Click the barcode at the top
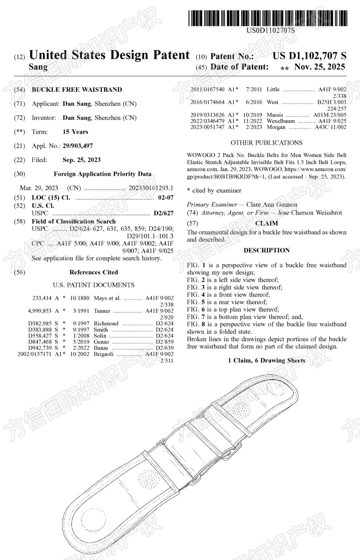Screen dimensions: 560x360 (x=268, y=18)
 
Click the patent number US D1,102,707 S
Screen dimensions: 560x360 (x=309, y=56)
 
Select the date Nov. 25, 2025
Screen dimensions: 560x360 (x=319, y=67)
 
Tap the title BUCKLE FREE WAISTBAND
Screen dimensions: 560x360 (x=77, y=89)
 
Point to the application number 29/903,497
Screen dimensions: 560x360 (x=78, y=146)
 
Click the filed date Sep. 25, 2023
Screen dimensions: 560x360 (x=81, y=160)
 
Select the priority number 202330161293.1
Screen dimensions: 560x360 (x=151, y=188)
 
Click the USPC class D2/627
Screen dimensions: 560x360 (x=163, y=213)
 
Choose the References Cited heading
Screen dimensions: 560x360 (x=94, y=272)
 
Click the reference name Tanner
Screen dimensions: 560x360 (x=102, y=311)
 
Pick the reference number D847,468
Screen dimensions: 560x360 (x=40, y=342)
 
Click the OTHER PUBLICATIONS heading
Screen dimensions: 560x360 (x=266, y=143)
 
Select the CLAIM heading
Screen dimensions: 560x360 (x=266, y=223)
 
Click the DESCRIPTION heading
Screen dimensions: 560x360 (x=266, y=250)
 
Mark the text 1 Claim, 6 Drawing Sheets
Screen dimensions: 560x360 (x=266, y=361)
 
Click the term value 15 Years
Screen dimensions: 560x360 (x=75, y=132)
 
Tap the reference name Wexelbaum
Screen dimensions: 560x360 (x=281, y=121)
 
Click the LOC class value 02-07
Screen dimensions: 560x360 (x=166, y=197)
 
